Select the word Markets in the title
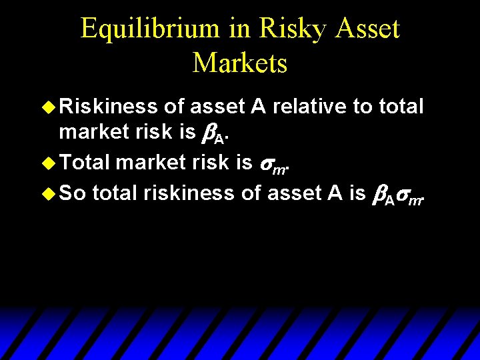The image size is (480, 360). (x=240, y=63)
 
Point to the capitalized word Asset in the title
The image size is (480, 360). (x=366, y=29)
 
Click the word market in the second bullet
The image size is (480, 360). (x=149, y=162)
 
